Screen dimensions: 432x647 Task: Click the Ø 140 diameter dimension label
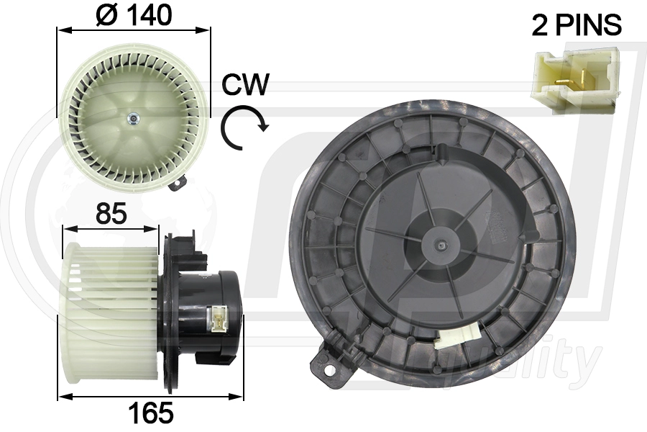[x=134, y=14]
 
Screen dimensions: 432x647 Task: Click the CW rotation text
[x=245, y=85]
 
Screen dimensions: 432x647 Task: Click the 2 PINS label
[x=576, y=25]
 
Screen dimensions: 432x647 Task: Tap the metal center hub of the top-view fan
[x=133, y=118]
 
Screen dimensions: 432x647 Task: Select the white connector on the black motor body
[x=216, y=315]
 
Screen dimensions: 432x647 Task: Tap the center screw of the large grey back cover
[x=439, y=246]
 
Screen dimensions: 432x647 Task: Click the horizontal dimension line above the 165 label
[x=151, y=396]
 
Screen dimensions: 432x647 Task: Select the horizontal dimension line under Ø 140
[x=134, y=30]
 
